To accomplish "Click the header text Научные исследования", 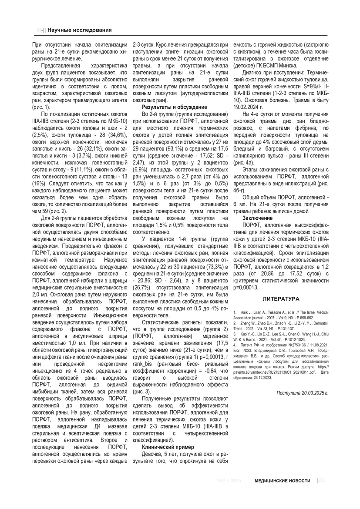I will (x=79, y=30).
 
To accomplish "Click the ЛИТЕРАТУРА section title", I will (x=281, y=299).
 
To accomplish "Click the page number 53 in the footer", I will (x=323, y=480).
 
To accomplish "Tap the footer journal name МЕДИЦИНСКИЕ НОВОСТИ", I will (x=283, y=480).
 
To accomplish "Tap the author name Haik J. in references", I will (x=244, y=312).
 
